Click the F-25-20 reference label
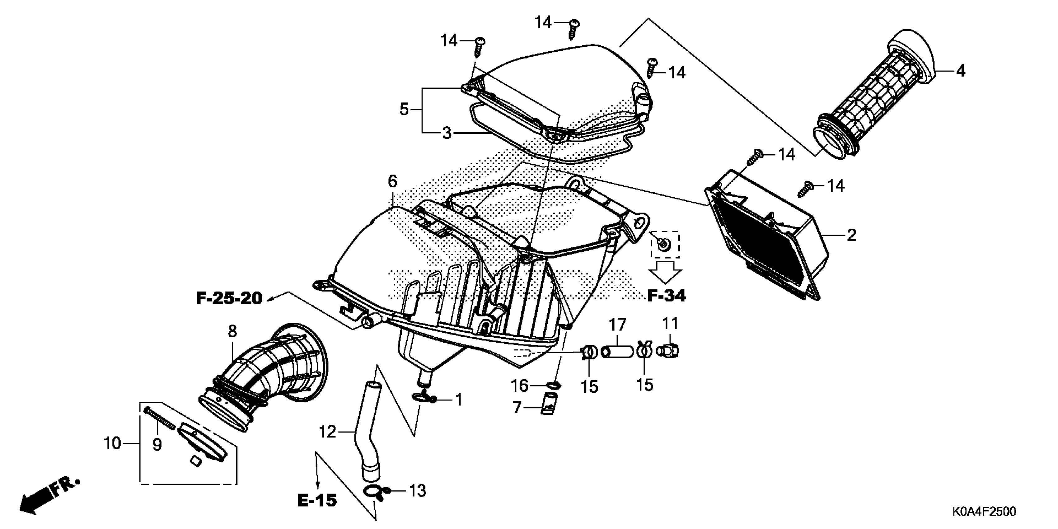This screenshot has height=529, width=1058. pyautogui.click(x=229, y=299)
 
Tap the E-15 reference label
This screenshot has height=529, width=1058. pyautogui.click(x=317, y=500)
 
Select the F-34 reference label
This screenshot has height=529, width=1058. pyautogui.click(x=666, y=295)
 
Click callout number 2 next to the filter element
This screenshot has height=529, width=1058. pyautogui.click(x=851, y=235)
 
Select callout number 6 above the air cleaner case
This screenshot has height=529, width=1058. pyautogui.click(x=392, y=181)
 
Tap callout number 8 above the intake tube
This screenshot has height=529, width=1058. pyautogui.click(x=232, y=331)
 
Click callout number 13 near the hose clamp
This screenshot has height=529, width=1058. pyautogui.click(x=418, y=491)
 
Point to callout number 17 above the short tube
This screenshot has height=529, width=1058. pyautogui.click(x=617, y=325)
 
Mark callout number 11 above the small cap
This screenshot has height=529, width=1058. pyautogui.click(x=670, y=324)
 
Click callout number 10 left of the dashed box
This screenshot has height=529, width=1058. pyautogui.click(x=112, y=443)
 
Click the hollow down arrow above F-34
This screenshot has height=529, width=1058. pyautogui.click(x=665, y=271)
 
